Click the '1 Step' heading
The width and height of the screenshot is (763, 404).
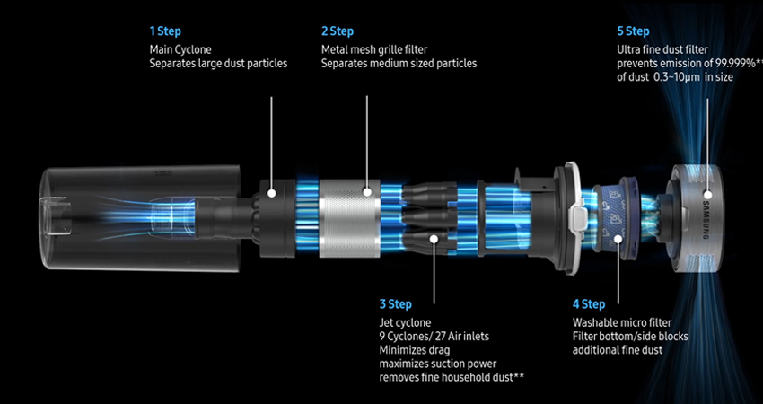(166, 31)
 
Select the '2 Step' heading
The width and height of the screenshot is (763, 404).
(338, 31)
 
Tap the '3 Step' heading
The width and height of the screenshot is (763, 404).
(397, 304)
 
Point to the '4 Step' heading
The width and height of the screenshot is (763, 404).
(589, 304)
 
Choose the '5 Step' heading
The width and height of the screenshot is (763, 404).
(634, 31)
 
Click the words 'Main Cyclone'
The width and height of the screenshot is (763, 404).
(181, 48)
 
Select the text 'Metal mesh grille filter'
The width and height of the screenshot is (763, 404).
(373, 48)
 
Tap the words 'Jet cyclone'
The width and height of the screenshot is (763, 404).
(405, 321)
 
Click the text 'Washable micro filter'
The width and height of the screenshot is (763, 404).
(622, 321)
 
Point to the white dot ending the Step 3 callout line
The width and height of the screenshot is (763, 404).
(434, 239)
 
